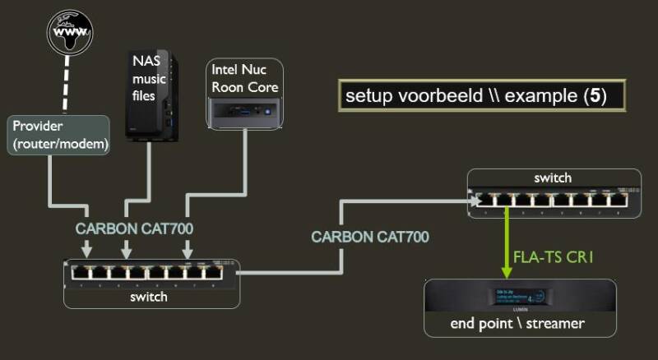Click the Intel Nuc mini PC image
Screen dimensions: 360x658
click(x=243, y=108)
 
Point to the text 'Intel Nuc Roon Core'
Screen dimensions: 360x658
click(x=244, y=79)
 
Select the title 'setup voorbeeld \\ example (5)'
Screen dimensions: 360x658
click(x=475, y=95)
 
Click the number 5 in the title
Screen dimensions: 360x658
click(x=597, y=95)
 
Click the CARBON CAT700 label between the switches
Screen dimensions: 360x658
click(x=370, y=237)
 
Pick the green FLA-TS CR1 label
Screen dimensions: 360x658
click(x=553, y=258)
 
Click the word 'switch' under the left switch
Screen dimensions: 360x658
click(x=149, y=297)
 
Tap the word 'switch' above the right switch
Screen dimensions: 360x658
click(x=552, y=178)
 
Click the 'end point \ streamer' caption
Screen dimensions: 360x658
click(x=517, y=323)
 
